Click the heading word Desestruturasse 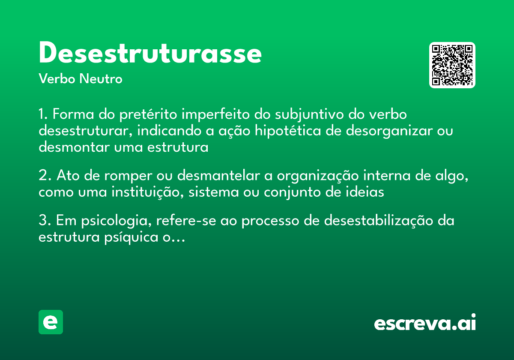click(150, 54)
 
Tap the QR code click(452, 65)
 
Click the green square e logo click(51, 322)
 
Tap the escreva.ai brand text click(425, 323)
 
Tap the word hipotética click(282, 131)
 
